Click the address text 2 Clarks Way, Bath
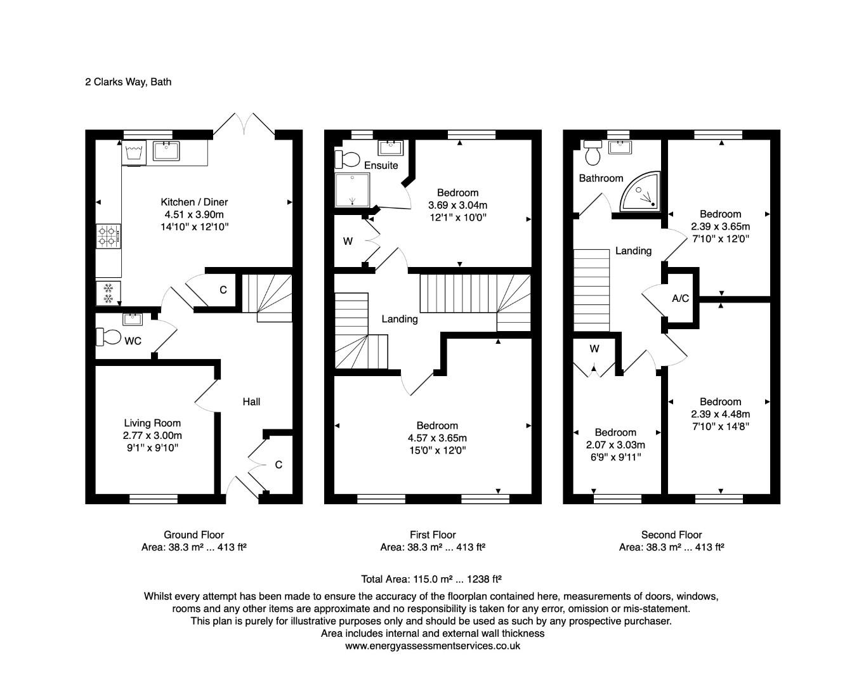tap(128, 82)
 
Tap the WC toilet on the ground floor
tap(108, 337)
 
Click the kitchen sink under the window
tap(166, 151)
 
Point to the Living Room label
tap(152, 423)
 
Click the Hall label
tap(251, 401)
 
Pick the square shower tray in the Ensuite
tap(351, 190)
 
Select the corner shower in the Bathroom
tap(641, 192)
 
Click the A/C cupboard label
tap(680, 298)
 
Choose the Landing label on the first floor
tap(400, 319)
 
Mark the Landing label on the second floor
tap(633, 251)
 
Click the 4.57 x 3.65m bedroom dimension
tap(437, 438)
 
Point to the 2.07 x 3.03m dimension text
tap(615, 445)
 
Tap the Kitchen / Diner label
tap(194, 202)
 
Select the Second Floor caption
tap(671, 535)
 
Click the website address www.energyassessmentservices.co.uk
tap(433, 646)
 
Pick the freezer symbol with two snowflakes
tap(108, 293)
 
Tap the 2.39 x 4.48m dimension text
tap(720, 414)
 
